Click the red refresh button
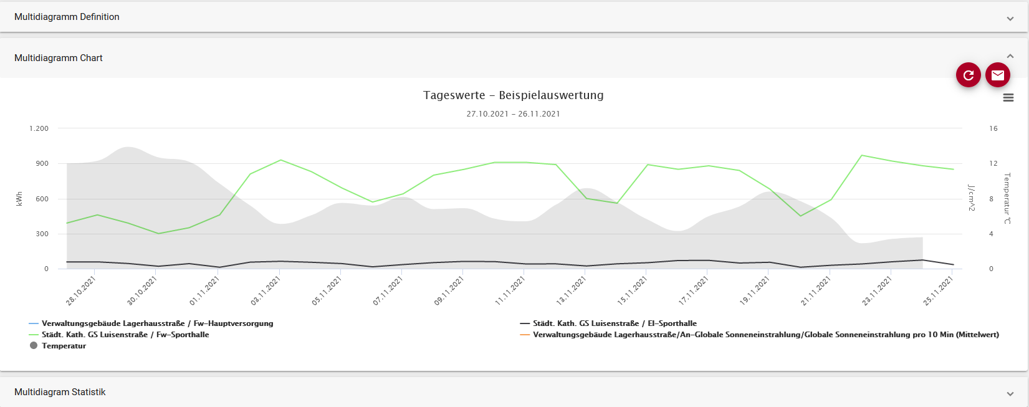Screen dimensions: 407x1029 pos(968,75)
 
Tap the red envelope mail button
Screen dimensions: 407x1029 pos(997,75)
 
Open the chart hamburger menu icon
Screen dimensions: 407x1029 pos(1008,98)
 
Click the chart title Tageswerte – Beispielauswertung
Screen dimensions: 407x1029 pos(513,95)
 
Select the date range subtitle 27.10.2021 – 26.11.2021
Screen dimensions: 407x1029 pos(513,114)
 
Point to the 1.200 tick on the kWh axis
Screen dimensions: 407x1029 pos(39,128)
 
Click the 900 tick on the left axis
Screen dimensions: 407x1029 pos(42,163)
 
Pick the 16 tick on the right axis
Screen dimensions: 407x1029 pos(993,128)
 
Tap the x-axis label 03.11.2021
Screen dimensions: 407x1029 pos(266,290)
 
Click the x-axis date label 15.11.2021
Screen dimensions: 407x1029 pos(632,290)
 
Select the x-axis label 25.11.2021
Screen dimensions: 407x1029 pos(937,290)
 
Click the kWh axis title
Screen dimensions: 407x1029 pos(19,199)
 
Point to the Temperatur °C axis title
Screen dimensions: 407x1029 pos(1007,199)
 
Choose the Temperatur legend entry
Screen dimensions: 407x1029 pos(64,346)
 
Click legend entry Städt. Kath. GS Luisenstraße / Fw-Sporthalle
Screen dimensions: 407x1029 pos(125,335)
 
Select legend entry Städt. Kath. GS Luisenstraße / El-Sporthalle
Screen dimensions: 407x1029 pos(615,323)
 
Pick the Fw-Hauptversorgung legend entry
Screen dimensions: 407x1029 pos(157,323)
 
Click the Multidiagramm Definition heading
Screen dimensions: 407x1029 pos(67,17)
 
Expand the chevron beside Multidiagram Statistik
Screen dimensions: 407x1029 pos(1010,393)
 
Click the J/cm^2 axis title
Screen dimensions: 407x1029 pos(971,198)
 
